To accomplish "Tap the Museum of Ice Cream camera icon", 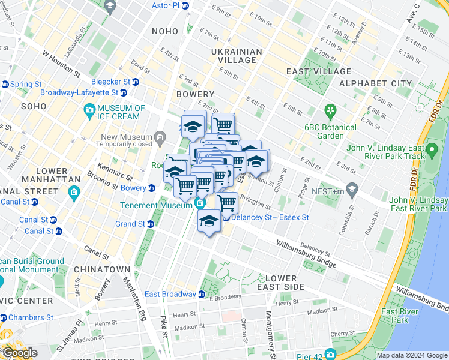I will click(x=90, y=109).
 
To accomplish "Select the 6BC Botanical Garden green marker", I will click(x=329, y=110).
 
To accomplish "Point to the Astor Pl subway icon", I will click(x=186, y=5).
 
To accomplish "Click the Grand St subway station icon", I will click(x=151, y=224).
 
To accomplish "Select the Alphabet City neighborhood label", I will click(x=376, y=83).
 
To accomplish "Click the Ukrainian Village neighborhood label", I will click(x=237, y=56).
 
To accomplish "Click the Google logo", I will click(x=19, y=353).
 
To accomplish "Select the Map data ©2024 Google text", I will click(x=412, y=355).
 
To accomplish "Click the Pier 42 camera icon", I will click(x=330, y=355).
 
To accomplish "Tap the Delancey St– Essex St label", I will click(x=270, y=217).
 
